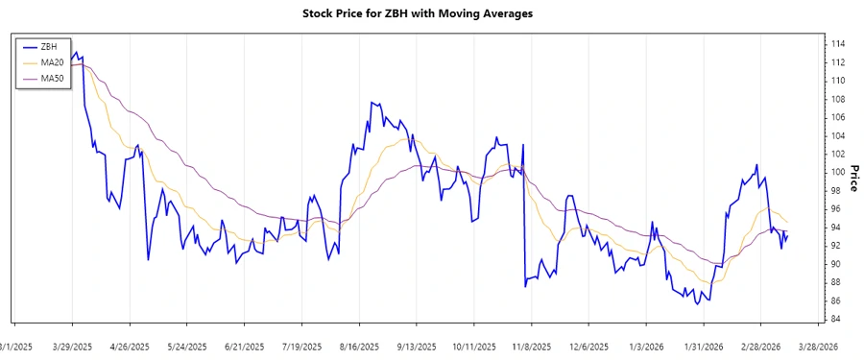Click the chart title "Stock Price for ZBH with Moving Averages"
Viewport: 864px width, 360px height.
[431, 14]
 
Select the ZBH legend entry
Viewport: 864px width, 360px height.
[49, 46]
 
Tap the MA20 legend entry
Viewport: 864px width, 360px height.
[52, 62]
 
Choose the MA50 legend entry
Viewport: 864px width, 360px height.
[52, 78]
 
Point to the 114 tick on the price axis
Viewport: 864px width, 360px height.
[837, 44]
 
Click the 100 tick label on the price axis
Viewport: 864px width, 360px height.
[837, 172]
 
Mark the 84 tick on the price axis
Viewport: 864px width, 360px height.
[837, 319]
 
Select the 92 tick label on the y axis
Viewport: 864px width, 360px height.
[837, 246]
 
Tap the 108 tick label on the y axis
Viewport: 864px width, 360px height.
[837, 99]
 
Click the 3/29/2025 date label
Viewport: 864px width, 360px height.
[71, 347]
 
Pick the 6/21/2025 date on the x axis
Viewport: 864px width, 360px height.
[245, 347]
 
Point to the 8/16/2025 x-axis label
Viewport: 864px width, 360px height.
[360, 347]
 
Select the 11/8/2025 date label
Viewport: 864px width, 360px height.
[531, 347]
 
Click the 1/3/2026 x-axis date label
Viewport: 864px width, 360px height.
[646, 347]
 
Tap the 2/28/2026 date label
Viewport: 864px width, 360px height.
[761, 347]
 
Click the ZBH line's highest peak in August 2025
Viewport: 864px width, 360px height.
[371, 102]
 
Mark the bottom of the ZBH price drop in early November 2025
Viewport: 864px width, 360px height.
[525, 286]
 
